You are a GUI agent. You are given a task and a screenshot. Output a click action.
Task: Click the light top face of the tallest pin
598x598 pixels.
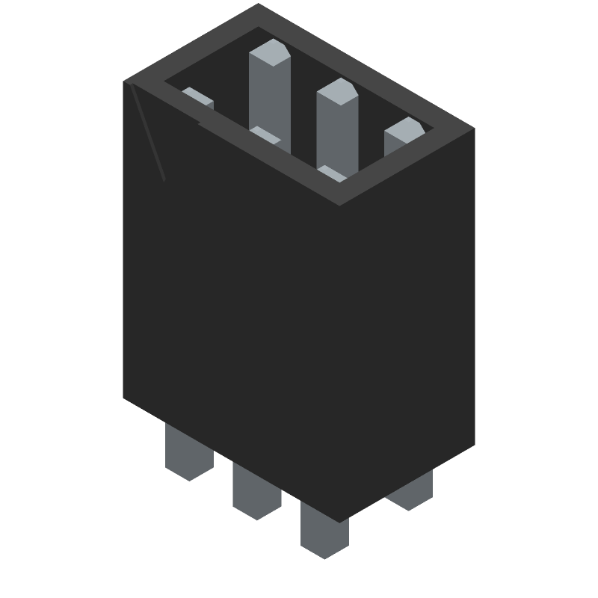269,55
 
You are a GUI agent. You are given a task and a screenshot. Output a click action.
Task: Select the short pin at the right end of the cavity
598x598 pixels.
404,133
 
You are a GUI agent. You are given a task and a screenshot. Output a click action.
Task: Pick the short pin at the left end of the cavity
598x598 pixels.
198,97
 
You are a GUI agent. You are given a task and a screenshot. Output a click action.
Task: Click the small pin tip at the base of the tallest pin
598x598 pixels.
265,135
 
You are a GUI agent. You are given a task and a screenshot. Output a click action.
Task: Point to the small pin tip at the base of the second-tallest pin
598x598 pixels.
332,173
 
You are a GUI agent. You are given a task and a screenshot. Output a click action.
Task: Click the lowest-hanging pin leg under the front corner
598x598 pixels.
324,531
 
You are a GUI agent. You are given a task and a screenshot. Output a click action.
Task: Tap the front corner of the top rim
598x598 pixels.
341,204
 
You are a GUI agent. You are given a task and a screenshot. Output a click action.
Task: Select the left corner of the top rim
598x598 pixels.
124,81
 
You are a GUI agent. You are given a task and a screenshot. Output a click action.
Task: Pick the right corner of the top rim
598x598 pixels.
474,129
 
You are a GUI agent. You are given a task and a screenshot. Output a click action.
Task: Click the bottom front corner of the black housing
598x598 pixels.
341,522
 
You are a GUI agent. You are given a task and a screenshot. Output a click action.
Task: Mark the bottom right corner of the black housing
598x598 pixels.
475,446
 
